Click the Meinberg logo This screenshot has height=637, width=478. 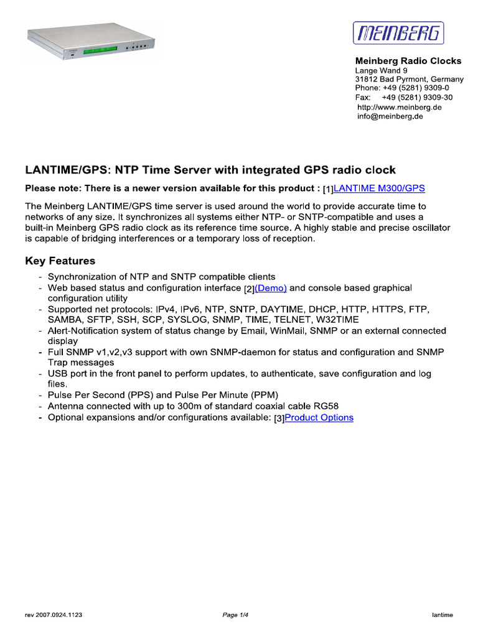[399, 33]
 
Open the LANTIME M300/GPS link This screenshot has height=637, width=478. [380, 188]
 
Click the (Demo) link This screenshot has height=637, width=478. [271, 288]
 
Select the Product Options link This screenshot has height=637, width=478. [319, 417]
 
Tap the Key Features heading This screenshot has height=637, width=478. [60, 261]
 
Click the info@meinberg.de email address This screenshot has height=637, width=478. [390, 116]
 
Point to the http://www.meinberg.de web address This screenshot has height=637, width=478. [399, 107]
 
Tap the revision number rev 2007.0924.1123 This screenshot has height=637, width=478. [54, 615]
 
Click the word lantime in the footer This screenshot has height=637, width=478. [443, 615]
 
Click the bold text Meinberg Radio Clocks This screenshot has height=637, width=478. [408, 61]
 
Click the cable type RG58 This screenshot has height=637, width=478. [326, 406]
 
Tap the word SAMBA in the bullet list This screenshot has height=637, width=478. [63, 320]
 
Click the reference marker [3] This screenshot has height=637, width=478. [279, 418]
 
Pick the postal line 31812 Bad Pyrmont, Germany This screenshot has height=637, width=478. [409, 80]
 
